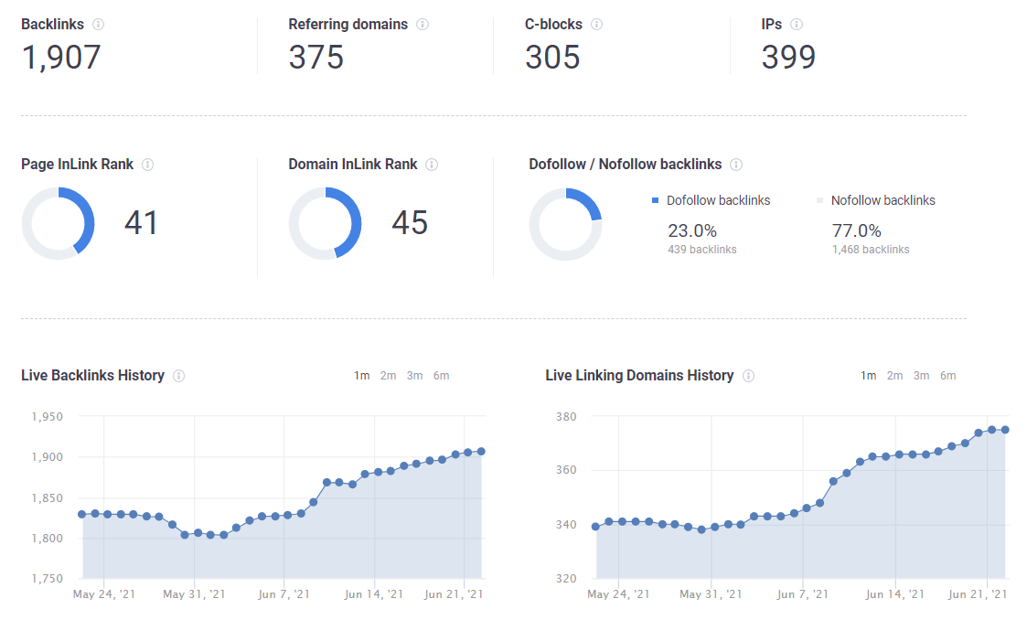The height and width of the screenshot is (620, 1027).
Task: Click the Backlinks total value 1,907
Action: coord(60,58)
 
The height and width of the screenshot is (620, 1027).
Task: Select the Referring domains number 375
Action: coord(316,58)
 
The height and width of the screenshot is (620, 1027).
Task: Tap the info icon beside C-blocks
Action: coord(596,25)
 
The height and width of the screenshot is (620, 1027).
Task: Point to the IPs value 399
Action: coord(788,58)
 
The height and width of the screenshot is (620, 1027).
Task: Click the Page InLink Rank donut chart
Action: coord(58,223)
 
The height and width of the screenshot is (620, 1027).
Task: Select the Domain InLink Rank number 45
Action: coord(409,223)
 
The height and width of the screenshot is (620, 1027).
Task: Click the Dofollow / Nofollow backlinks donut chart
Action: coord(565,223)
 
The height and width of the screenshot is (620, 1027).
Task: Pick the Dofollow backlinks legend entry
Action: coord(711,200)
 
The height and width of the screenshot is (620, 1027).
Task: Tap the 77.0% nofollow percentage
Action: coord(856,230)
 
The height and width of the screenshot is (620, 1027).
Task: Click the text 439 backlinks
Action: coord(701,250)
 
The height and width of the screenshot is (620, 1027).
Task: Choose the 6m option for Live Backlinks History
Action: coord(441,376)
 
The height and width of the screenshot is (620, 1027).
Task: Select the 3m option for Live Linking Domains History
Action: coord(921,376)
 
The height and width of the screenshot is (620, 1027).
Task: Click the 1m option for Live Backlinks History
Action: coord(361,376)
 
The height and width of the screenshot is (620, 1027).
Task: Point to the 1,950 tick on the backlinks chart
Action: coord(47,417)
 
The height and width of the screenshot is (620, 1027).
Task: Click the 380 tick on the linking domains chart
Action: coord(566,417)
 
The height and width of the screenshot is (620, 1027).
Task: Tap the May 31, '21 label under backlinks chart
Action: coord(194,594)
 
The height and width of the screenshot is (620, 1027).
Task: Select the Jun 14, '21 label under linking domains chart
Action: coord(895,594)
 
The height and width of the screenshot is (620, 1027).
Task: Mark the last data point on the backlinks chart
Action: coord(480,451)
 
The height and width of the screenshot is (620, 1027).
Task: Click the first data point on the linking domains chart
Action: coord(596,527)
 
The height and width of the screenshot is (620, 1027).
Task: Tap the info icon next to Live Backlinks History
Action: coord(179,376)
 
